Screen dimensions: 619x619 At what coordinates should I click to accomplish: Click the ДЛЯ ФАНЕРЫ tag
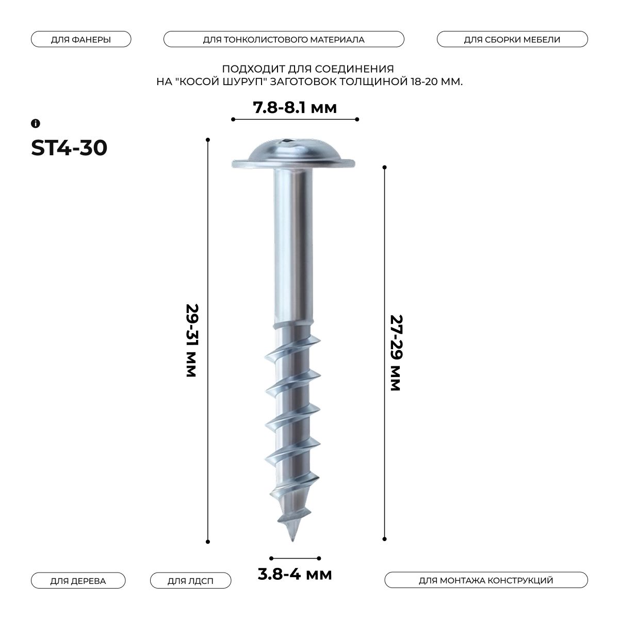[x=81, y=39]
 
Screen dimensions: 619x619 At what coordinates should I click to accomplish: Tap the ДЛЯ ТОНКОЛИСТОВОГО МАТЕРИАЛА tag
[x=284, y=39]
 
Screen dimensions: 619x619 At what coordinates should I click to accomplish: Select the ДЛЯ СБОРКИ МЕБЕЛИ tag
[x=512, y=39]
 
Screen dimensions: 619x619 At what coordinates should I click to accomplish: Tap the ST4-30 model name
[x=69, y=148]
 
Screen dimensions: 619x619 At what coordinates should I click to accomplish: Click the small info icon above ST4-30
[x=36, y=123]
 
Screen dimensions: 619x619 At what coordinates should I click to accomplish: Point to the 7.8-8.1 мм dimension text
[x=295, y=108]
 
